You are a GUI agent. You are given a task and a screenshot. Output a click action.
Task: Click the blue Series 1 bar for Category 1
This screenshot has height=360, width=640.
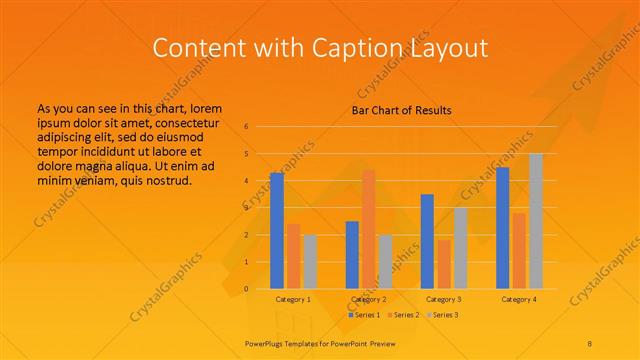coord(276,231)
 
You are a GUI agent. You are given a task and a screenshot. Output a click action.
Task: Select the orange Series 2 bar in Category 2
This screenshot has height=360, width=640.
coord(368,229)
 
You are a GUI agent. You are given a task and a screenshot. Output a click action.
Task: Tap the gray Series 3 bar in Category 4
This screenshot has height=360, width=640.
coord(536,221)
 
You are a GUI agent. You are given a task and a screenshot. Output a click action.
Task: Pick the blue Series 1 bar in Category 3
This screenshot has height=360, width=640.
coord(427,241)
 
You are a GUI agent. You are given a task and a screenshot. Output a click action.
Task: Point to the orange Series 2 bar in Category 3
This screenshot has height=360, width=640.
coord(444,264)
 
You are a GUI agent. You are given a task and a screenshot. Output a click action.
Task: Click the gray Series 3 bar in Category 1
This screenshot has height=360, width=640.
coord(310,262)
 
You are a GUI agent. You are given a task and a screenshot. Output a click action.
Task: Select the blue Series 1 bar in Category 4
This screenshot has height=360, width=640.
coord(502,228)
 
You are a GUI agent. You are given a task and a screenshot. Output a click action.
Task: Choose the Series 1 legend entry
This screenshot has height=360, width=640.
coord(364,315)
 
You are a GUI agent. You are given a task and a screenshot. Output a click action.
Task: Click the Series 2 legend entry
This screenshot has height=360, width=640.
coord(404,315)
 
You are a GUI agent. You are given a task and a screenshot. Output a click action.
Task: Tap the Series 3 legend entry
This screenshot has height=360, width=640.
coord(444,315)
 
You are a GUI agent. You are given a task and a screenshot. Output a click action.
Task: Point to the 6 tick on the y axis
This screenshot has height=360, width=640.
coord(246,127)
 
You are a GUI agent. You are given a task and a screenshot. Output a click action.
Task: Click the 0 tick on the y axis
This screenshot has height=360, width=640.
coord(246,289)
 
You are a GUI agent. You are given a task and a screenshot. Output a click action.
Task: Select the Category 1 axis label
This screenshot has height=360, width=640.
coord(293,299)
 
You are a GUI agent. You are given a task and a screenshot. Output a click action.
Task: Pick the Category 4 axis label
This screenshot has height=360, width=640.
coord(519,299)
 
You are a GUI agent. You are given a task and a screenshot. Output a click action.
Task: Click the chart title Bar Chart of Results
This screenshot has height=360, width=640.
coord(402,110)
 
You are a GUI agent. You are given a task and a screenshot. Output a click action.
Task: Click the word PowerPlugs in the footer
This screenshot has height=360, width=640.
coord(266,342)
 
